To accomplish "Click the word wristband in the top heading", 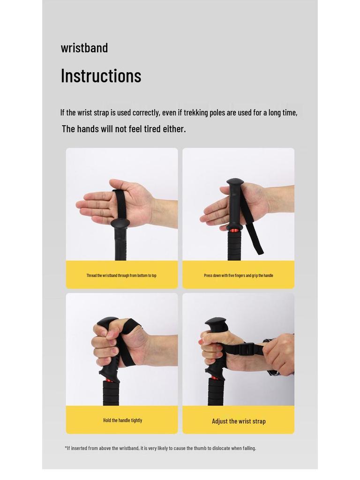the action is pyautogui.click(x=84, y=48).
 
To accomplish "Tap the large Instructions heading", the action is pyautogui.click(x=101, y=75).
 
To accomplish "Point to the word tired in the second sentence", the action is pyautogui.click(x=152, y=129).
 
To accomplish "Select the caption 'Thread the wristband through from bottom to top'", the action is pyautogui.click(x=121, y=276).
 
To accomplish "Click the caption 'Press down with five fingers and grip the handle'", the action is pyautogui.click(x=239, y=276).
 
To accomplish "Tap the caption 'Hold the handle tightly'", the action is pyautogui.click(x=123, y=420).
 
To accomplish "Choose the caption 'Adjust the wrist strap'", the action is pyautogui.click(x=239, y=421).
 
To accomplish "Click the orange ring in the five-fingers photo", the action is pyautogui.click(x=234, y=230).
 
